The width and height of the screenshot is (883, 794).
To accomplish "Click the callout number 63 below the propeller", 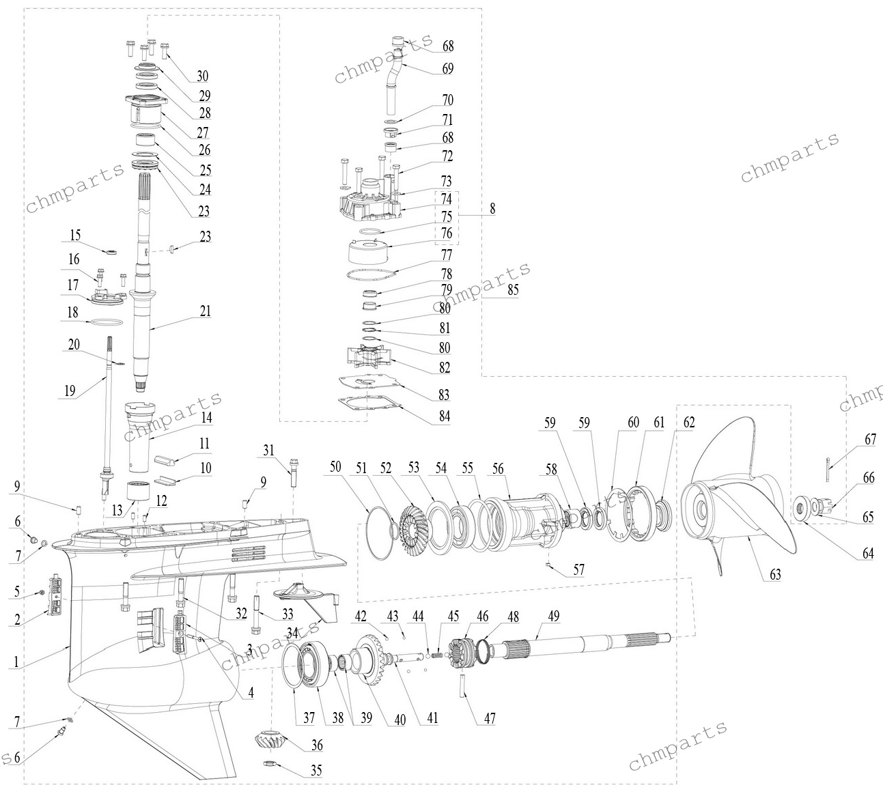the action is (x=775, y=574).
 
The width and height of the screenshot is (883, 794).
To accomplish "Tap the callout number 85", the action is (x=513, y=289).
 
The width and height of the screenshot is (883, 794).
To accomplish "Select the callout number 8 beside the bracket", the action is (x=492, y=208).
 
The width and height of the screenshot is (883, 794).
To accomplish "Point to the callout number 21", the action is (x=206, y=311).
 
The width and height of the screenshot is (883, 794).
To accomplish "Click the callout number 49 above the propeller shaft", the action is (x=554, y=616).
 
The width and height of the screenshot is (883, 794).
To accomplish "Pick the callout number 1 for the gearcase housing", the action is (x=16, y=662).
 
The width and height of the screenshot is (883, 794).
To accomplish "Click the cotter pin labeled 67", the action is (x=828, y=470).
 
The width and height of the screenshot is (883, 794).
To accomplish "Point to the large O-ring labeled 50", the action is (x=380, y=533).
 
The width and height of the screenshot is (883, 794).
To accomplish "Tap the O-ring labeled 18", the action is (x=106, y=322).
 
